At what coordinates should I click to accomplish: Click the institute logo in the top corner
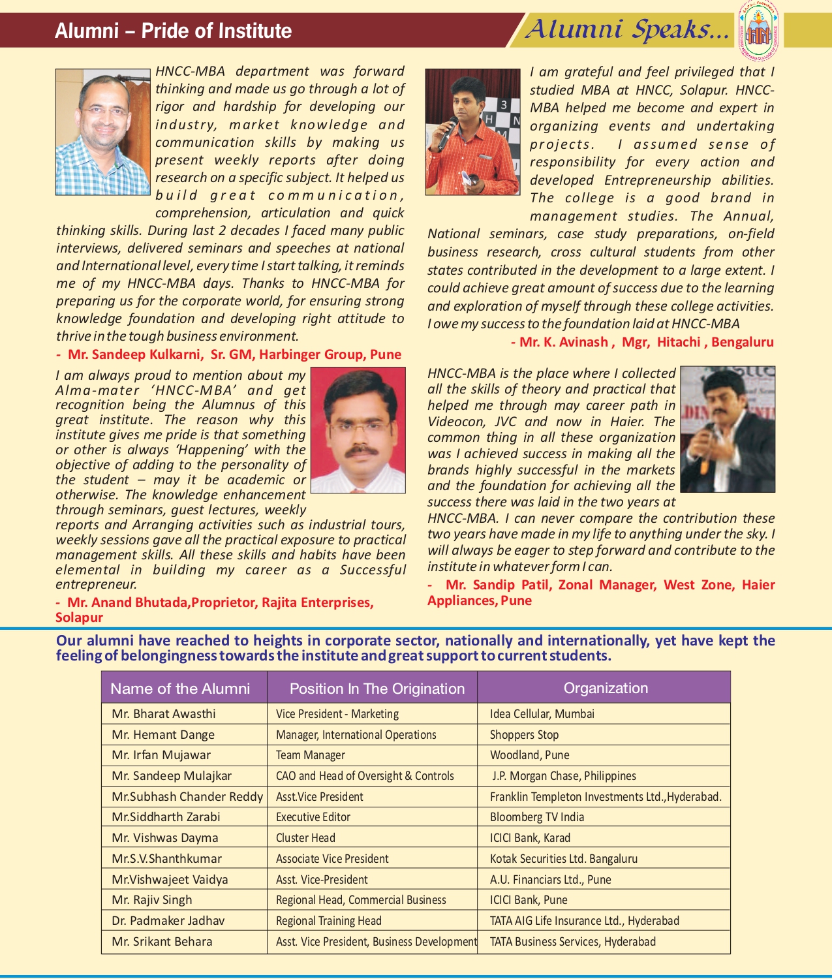(x=758, y=30)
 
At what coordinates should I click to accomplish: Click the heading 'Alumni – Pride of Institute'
(x=174, y=31)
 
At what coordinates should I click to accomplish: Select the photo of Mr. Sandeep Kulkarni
(x=102, y=132)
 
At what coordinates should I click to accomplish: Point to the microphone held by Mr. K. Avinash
(x=448, y=133)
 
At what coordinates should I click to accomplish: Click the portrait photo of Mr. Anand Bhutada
(x=358, y=429)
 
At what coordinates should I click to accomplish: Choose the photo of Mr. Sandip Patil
(x=728, y=429)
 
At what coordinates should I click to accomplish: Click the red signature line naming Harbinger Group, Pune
(x=229, y=354)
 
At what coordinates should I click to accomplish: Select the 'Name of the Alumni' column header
(x=180, y=689)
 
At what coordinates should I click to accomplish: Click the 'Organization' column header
(x=606, y=688)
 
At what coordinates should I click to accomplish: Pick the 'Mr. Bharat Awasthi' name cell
(x=164, y=713)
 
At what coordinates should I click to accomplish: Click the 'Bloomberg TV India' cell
(x=537, y=816)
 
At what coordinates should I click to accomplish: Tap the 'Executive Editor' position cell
(x=313, y=816)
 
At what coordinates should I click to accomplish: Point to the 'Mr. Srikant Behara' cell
(x=162, y=941)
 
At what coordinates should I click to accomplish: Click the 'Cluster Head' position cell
(x=305, y=837)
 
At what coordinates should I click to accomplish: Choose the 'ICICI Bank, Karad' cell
(x=530, y=837)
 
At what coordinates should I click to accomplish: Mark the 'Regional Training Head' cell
(x=328, y=920)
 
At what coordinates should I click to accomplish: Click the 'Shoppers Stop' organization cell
(x=524, y=734)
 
